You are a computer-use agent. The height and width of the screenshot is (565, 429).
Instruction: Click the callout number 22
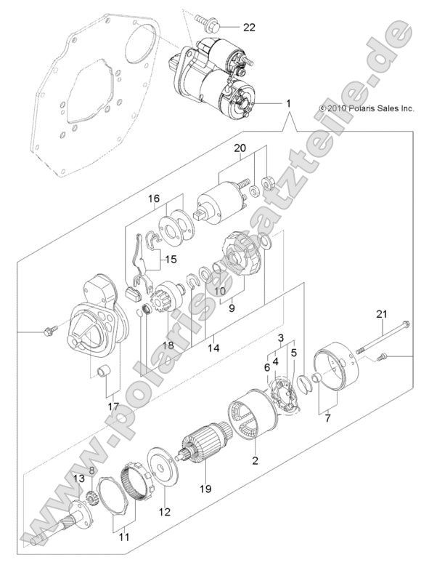point(250,28)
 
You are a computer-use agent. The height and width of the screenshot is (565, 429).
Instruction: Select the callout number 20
point(240,148)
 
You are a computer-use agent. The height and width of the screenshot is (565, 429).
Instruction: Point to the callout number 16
point(154,199)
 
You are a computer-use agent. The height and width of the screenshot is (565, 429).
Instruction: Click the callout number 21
point(380,314)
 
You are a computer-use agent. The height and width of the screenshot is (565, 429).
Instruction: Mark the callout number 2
point(255,460)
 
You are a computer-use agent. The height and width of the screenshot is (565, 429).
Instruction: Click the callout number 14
point(213,348)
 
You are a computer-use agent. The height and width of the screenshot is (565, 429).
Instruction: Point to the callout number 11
point(124,538)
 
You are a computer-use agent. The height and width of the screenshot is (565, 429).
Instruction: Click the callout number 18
point(168,345)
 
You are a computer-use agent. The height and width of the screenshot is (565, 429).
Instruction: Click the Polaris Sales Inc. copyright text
point(366,108)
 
